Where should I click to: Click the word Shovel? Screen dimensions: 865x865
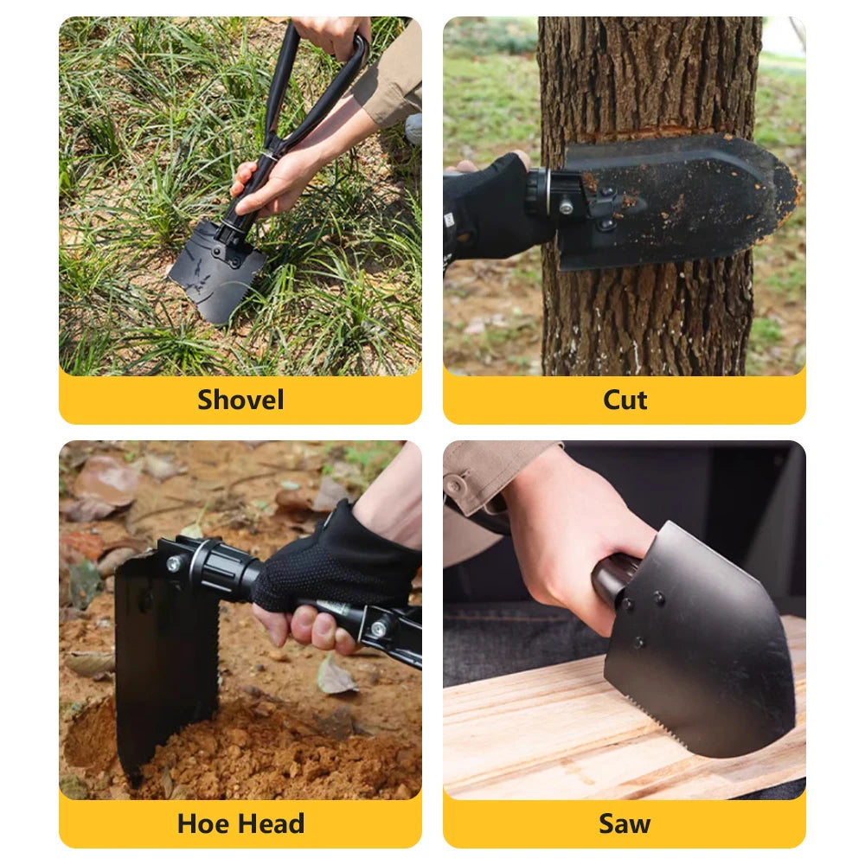[240, 400]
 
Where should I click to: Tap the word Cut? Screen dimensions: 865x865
[625, 400]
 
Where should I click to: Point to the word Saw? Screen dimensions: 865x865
[625, 823]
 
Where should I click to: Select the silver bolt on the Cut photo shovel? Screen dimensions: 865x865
[566, 208]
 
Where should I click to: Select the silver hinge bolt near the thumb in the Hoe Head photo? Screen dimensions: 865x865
[379, 628]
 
